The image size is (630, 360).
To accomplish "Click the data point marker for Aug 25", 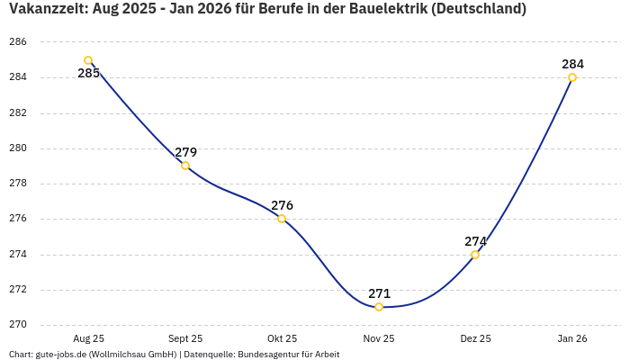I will (88, 60).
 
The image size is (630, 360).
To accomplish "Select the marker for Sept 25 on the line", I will (185, 166).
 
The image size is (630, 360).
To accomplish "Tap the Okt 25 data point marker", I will (282, 219).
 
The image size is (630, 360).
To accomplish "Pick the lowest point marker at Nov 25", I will (379, 307).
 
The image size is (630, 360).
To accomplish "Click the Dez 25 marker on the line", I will (475, 255).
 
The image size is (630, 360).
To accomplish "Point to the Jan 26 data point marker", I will (572, 77).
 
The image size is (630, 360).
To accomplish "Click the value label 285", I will (88, 74).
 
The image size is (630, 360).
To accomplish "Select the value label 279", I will (185, 152).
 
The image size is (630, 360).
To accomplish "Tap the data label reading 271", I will (379, 293).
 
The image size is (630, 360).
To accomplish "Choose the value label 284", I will (572, 64).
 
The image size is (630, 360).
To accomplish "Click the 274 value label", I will (475, 241).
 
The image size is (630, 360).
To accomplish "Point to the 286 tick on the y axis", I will (18, 42).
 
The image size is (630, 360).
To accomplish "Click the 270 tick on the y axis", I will (18, 325).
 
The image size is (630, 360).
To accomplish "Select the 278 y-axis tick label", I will (18, 184).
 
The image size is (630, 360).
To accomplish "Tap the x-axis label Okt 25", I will (282, 339).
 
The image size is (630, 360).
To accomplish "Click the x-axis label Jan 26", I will (572, 339).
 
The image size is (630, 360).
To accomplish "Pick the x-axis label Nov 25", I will (379, 339).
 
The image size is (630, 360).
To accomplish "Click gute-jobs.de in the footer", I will (60, 355).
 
